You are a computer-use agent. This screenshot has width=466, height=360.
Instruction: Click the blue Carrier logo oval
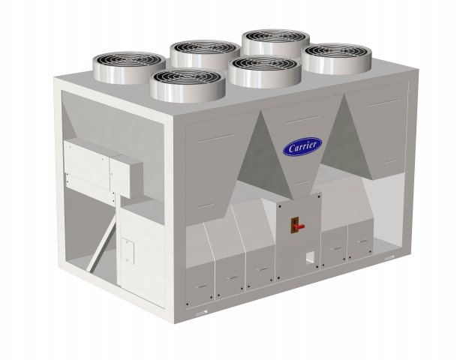pos(302,146)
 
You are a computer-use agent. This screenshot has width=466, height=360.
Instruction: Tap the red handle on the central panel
pos(299,226)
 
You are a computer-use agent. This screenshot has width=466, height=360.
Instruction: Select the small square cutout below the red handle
pos(310,257)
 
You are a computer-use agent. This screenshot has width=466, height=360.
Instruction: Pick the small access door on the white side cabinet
pos(128,250)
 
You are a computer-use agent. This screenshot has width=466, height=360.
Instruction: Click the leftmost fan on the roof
pos(129,67)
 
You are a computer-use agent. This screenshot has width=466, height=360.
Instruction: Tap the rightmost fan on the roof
pos(336,58)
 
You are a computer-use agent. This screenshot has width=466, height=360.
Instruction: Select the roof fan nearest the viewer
pos(188,85)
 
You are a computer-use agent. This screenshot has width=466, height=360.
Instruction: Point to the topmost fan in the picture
pos(276,43)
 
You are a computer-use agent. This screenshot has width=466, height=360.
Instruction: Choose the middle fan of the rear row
pos(205,54)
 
